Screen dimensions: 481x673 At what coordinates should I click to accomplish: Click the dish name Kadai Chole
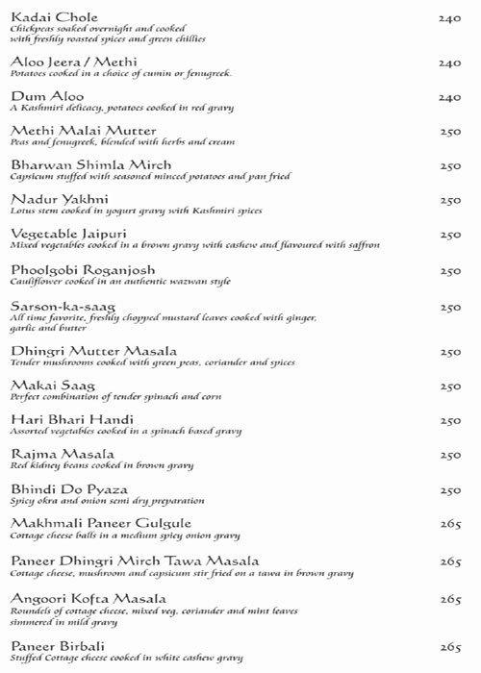click(44, 12)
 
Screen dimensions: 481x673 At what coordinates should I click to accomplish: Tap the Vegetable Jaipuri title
click(64, 234)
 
